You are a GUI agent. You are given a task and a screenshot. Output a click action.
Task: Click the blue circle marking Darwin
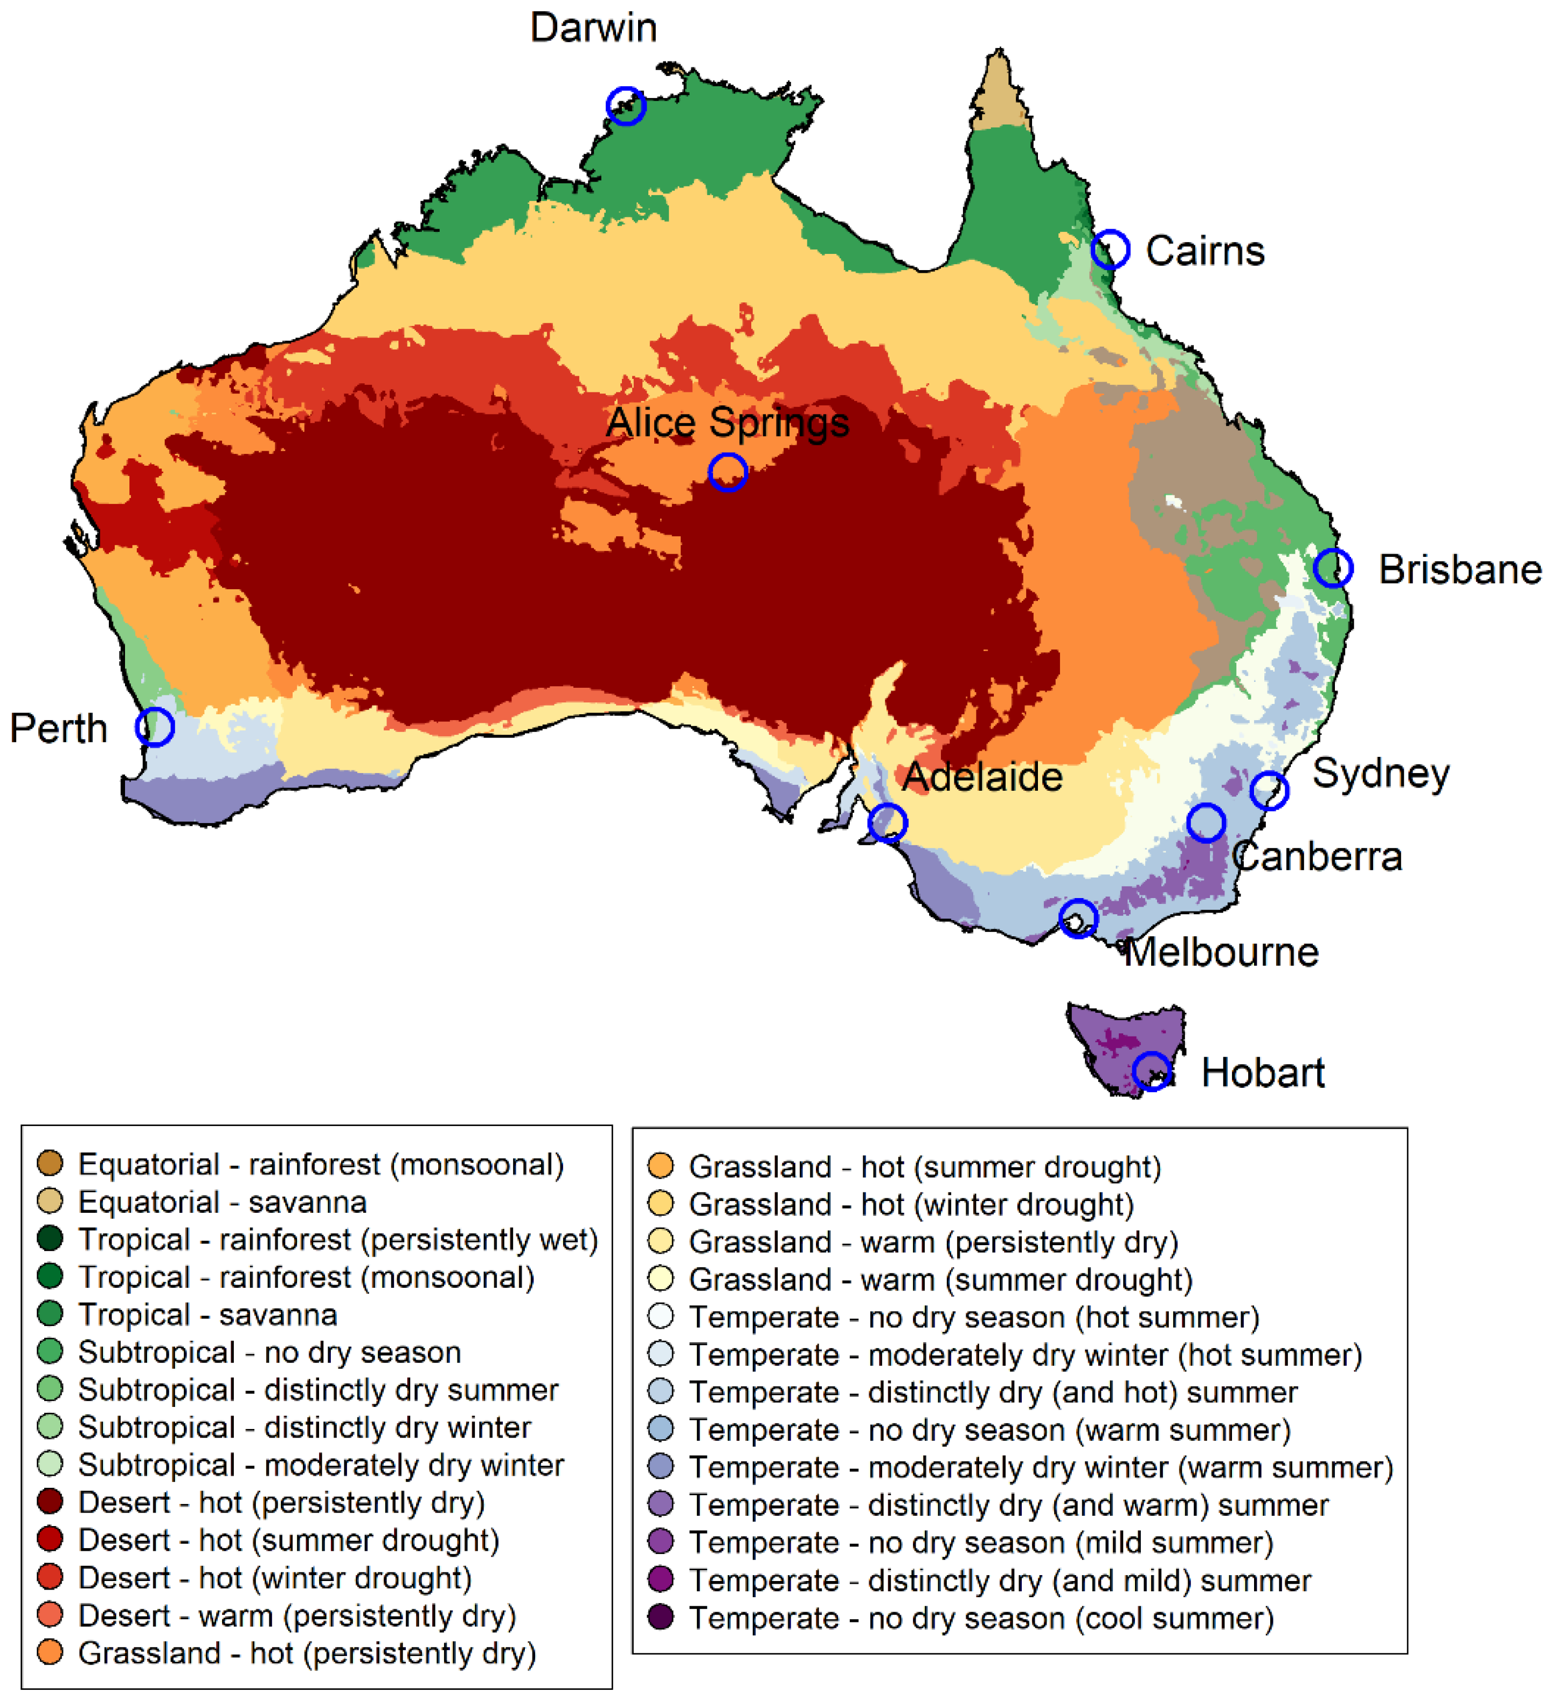[x=626, y=106]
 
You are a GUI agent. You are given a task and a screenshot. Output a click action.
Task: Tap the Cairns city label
[x=1204, y=251]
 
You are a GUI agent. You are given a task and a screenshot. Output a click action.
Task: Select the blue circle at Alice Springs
[x=728, y=472]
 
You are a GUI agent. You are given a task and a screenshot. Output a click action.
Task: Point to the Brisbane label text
[x=1460, y=570]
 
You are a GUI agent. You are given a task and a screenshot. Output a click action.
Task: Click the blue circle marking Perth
[x=155, y=727]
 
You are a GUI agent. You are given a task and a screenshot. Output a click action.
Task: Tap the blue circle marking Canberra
[x=1206, y=822]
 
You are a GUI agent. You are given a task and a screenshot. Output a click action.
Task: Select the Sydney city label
[x=1380, y=773]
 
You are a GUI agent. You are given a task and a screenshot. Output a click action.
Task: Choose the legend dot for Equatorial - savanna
[x=50, y=1201]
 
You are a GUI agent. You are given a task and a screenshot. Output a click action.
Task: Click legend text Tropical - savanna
[x=207, y=1314]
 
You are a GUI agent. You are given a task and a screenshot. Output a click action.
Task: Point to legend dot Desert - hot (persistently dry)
[x=50, y=1502]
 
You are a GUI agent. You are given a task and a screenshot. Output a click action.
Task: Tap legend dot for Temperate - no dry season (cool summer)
[x=661, y=1617]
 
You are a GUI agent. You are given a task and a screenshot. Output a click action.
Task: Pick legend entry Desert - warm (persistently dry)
[x=296, y=1616]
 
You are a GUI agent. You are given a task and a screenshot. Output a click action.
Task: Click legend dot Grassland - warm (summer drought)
[x=661, y=1279]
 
